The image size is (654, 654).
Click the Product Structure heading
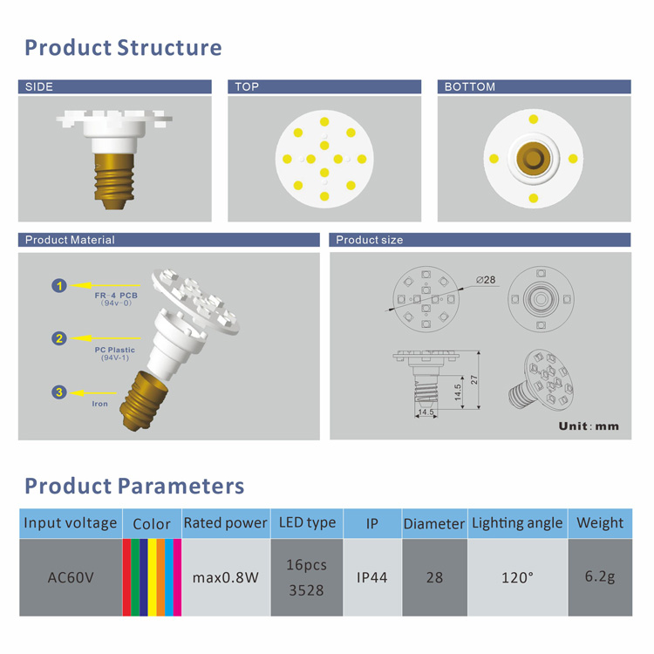tap(123, 47)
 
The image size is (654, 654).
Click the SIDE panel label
tap(39, 87)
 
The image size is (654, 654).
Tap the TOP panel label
tap(247, 87)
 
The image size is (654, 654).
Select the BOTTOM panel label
tap(469, 87)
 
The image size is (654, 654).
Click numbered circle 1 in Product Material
tap(58, 285)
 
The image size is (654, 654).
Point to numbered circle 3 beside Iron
tap(58, 392)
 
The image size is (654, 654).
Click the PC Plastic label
tap(113, 350)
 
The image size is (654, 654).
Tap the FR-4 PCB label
tap(115, 296)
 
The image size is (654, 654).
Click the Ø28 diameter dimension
tap(486, 280)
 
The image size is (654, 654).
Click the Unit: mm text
tap(589, 426)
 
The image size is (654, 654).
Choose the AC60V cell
tap(71, 577)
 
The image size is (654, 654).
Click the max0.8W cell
tap(226, 577)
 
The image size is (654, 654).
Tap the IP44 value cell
tap(372, 577)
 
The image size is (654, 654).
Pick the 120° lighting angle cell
tap(517, 577)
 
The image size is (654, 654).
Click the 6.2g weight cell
tap(600, 577)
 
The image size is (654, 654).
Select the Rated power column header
tap(226, 523)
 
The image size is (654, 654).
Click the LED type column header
tap(307, 523)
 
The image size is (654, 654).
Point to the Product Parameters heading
tap(134, 486)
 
